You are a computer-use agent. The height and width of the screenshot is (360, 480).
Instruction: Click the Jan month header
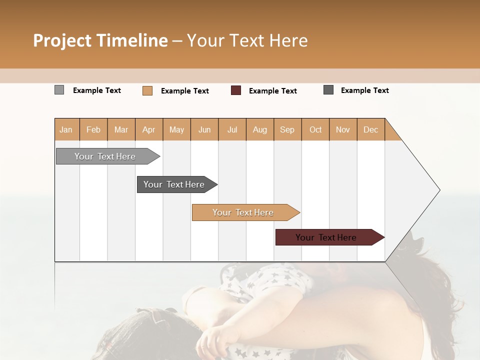(66, 129)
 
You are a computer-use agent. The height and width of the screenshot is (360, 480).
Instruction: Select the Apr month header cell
(148, 129)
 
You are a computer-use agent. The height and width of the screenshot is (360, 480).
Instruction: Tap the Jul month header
(232, 129)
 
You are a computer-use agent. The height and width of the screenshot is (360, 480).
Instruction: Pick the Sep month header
(287, 129)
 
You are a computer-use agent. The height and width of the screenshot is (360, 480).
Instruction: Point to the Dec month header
(370, 129)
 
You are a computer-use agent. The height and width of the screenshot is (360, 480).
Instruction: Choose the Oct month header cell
(315, 129)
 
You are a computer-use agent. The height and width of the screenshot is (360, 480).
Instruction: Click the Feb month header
(93, 129)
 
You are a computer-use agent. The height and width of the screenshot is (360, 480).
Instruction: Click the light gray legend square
(59, 90)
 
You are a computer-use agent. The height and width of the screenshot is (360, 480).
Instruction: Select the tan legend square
(147, 90)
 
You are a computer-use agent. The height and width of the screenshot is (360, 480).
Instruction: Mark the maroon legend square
(235, 90)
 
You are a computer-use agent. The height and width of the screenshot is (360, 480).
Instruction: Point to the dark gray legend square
(328, 90)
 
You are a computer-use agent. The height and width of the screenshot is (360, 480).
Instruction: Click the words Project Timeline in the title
(100, 40)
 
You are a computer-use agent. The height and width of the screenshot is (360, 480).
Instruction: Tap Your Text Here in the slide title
(247, 40)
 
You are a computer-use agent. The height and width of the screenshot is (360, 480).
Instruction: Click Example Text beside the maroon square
(272, 91)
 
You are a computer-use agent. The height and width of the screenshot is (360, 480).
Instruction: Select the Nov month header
(343, 129)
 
